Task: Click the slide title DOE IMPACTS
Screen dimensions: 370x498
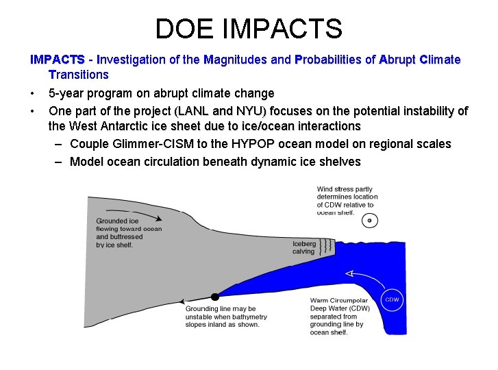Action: (249, 29)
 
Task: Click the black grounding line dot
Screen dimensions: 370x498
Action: (214, 297)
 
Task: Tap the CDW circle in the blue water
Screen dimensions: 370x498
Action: (392, 299)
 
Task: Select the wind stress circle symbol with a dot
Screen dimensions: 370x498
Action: (370, 221)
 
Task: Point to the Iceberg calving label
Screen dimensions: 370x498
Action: (304, 247)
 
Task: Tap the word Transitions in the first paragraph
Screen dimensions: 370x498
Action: (79, 74)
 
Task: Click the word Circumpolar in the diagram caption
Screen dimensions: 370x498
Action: (349, 300)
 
